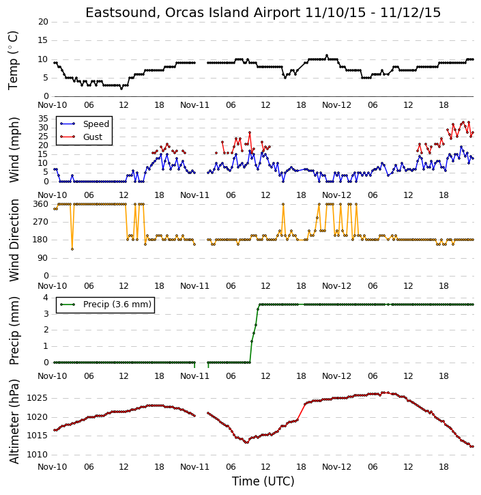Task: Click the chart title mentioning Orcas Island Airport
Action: tap(263, 12)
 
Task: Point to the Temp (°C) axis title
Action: tap(13, 60)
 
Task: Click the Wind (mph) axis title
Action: tap(14, 150)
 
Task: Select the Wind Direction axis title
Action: tap(14, 240)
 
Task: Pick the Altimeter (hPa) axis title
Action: tap(14, 421)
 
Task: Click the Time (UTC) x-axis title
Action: tap(263, 481)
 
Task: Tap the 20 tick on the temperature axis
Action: tap(43, 22)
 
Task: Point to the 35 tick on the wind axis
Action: tap(43, 119)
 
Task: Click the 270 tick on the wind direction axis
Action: tap(41, 222)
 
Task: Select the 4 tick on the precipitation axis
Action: tap(46, 298)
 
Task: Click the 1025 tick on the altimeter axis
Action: tap(37, 398)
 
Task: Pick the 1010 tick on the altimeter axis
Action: tap(37, 455)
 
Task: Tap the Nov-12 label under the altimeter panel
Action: tap(336, 466)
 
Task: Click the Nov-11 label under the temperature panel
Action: tap(194, 105)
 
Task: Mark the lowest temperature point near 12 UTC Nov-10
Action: tap(121, 89)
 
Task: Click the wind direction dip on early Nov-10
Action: tap(72, 249)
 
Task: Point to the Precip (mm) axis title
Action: tap(14, 331)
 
